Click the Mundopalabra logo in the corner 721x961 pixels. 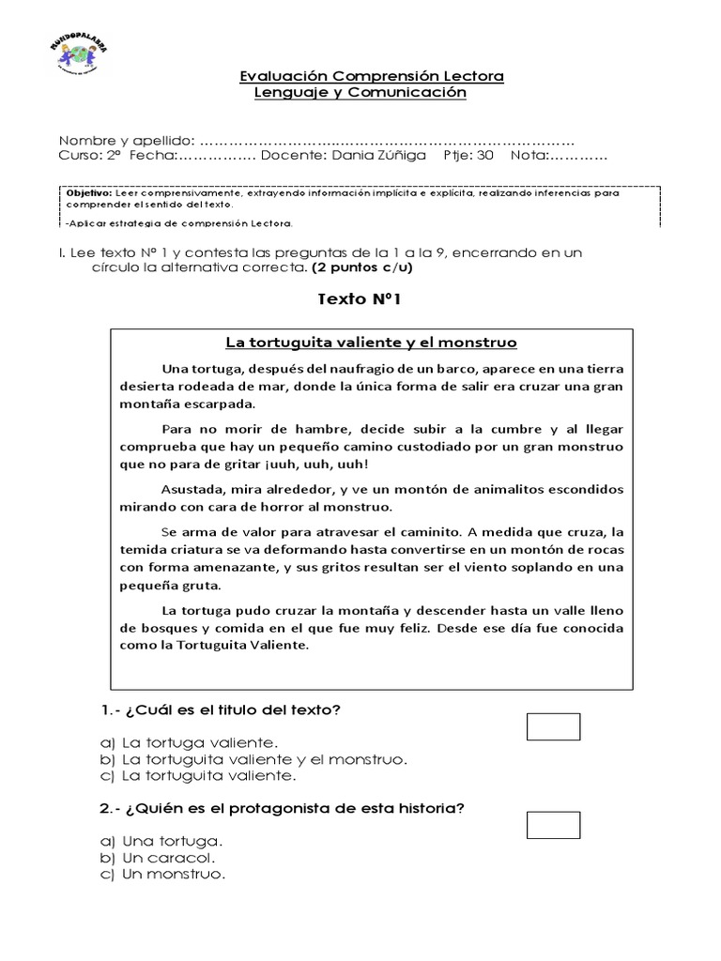[77, 59]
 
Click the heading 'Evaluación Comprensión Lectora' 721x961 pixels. [372, 76]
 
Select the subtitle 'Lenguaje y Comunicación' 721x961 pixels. [360, 93]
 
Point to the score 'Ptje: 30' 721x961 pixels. [468, 156]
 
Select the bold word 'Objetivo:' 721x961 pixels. [89, 193]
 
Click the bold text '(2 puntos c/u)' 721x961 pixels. [361, 267]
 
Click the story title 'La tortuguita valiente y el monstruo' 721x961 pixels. [372, 343]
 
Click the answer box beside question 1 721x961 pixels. [554, 726]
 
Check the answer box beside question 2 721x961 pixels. [554, 825]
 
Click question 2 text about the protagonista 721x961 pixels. [282, 809]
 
